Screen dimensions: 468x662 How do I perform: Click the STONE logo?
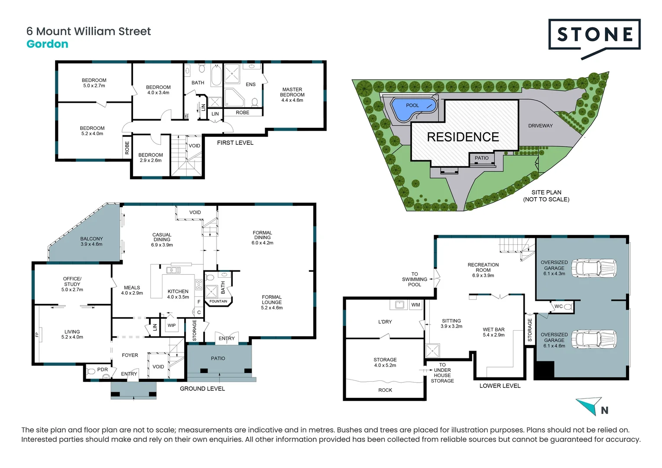[594, 35]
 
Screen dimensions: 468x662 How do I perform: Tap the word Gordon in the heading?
[47, 44]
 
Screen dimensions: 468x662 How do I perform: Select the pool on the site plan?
[412, 108]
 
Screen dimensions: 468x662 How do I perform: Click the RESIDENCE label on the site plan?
[463, 137]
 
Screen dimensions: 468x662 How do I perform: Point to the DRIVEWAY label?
[540, 126]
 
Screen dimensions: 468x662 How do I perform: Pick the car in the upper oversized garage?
[594, 267]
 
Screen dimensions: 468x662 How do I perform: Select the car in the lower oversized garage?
[594, 338]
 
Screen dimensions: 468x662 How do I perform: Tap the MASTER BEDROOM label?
[292, 94]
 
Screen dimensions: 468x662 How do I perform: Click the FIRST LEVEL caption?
[235, 143]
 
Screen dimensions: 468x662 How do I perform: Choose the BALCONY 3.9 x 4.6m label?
[91, 241]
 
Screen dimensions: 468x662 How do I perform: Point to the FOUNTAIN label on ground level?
[218, 301]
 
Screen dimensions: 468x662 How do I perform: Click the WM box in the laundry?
[415, 305]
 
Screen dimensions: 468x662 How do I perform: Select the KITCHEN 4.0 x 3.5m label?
[178, 294]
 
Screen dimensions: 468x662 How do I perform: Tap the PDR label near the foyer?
[102, 370]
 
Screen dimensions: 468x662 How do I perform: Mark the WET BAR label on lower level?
[493, 332]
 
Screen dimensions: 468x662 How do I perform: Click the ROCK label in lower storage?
[385, 390]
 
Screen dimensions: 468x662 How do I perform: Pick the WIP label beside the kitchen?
[172, 325]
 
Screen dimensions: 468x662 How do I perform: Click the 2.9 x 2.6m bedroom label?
[150, 158]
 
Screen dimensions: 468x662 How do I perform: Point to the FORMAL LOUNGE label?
[272, 302]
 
